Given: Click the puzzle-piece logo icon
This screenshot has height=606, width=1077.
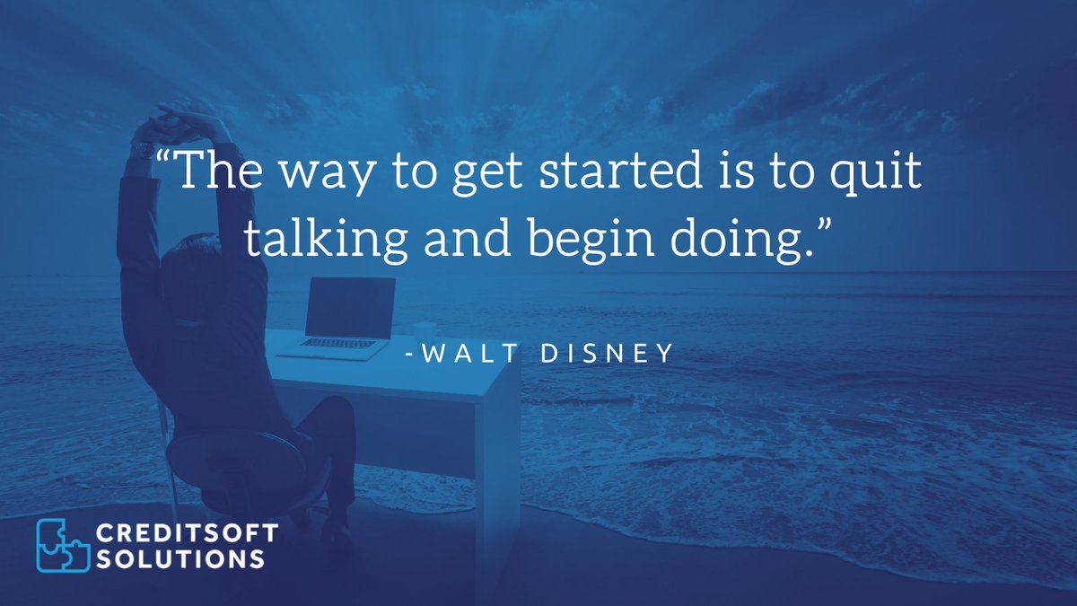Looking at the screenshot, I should pos(63,544).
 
